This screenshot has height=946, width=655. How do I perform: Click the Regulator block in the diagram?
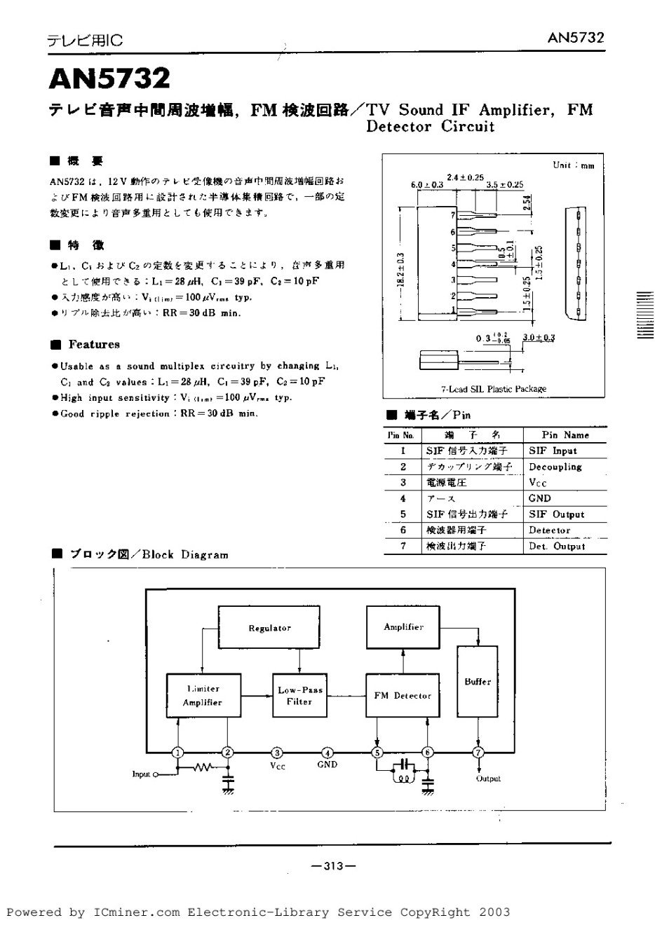(x=269, y=628)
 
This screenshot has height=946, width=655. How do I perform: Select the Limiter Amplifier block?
(x=203, y=695)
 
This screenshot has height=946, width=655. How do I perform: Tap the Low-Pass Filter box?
(x=300, y=695)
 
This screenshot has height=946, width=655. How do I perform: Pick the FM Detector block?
(x=403, y=695)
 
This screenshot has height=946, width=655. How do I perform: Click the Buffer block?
(x=478, y=681)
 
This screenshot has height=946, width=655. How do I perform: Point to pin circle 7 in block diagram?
(x=478, y=753)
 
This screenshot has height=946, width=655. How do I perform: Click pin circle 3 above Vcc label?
(x=278, y=753)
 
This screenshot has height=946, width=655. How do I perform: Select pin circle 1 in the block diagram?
(x=178, y=753)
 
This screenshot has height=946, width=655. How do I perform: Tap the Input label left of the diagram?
(x=141, y=774)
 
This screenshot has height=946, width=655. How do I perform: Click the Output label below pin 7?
(x=488, y=779)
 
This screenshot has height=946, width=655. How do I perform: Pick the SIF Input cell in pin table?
(x=553, y=451)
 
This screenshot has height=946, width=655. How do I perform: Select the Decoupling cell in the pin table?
(x=555, y=467)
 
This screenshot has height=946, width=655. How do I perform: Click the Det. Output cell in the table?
(x=556, y=547)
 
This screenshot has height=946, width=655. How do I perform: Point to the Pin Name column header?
(x=565, y=435)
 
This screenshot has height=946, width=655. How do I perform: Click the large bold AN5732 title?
(x=109, y=78)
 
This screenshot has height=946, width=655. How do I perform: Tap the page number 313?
(x=333, y=866)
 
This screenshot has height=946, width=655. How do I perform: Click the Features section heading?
(x=94, y=344)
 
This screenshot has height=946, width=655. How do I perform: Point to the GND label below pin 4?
(x=327, y=765)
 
